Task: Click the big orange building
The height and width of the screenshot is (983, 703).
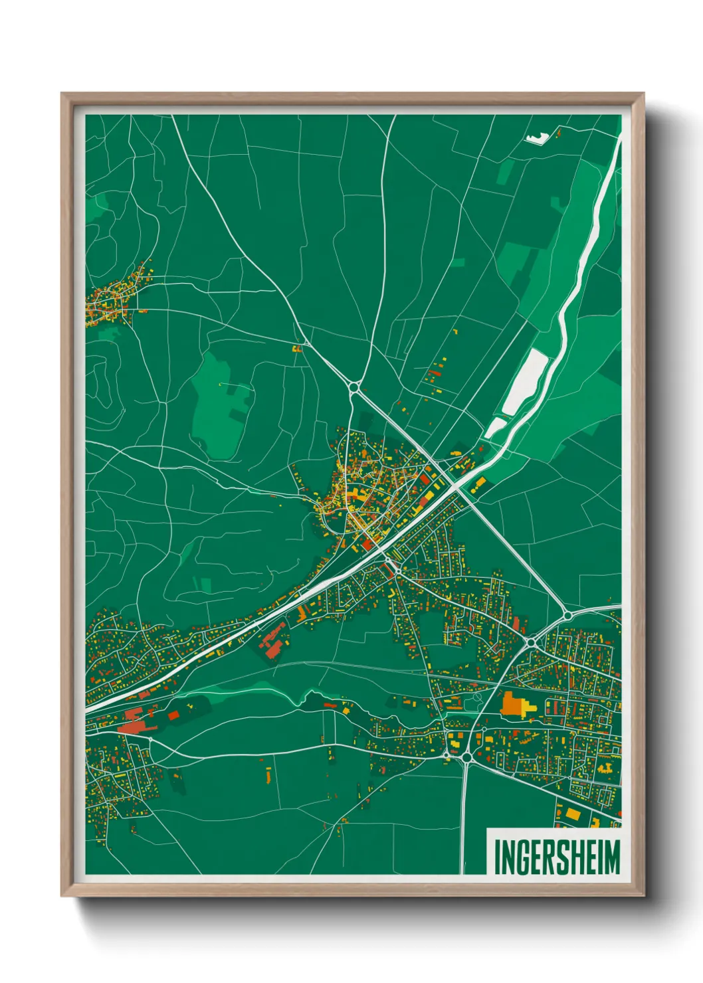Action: pyautogui.click(x=511, y=703)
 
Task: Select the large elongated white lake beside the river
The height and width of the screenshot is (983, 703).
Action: pyautogui.click(x=526, y=382)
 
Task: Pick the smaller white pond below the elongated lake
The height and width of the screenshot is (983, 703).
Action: pyautogui.click(x=494, y=427)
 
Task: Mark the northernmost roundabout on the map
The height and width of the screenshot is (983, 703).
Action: pyautogui.click(x=354, y=387)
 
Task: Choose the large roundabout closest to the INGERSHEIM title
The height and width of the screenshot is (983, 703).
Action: pyautogui.click(x=466, y=757)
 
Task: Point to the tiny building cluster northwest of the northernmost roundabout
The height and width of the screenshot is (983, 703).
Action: pyautogui.click(x=297, y=347)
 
